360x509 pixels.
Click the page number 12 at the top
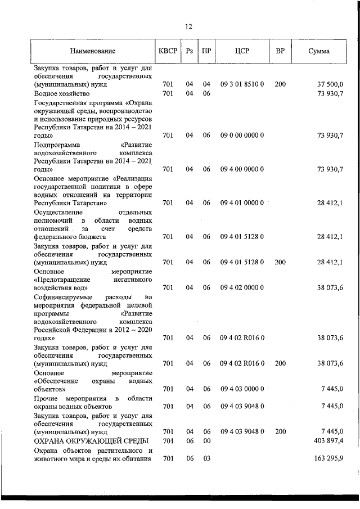pyautogui.click(x=188, y=26)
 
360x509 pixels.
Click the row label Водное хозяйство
pyautogui.click(x=62, y=93)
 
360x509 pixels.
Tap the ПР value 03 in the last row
pyautogui.click(x=206, y=459)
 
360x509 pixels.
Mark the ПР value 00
pyautogui.click(x=206, y=440)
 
